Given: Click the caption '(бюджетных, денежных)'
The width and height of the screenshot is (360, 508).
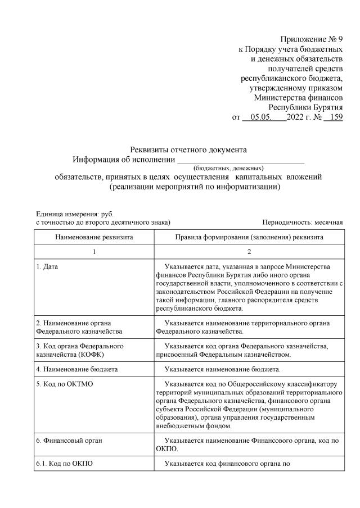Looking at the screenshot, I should coord(228,168).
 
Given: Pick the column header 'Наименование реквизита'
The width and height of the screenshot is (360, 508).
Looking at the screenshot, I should coord(94,238).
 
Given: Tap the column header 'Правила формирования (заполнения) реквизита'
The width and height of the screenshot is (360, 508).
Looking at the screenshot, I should coord(249,238).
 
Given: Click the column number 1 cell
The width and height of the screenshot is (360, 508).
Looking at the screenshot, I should coord(94,252).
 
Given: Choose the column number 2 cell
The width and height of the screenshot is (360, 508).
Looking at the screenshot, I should coord(249,252).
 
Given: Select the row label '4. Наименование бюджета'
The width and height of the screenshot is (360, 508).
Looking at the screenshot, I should coord(76,369).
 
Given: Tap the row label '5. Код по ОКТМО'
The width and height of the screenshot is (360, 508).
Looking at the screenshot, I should coord(64,384).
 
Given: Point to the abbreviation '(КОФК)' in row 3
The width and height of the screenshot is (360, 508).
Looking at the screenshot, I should coord(89,355).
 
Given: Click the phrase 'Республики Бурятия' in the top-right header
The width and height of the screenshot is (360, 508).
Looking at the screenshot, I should coord(305,107).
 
